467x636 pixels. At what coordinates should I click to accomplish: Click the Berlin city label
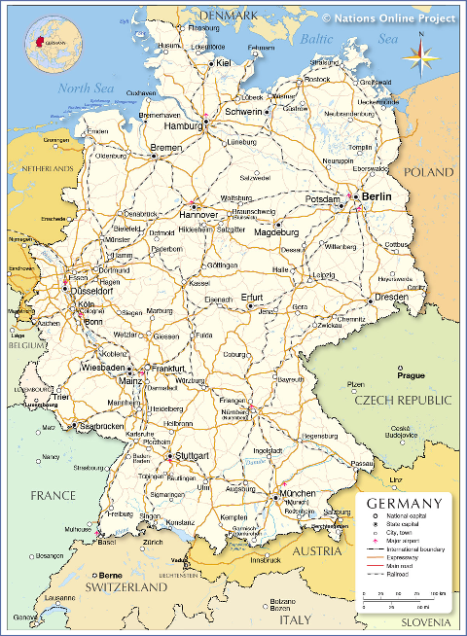(x=377, y=196)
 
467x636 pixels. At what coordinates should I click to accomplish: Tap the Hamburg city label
(x=183, y=125)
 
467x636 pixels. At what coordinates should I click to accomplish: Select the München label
(x=297, y=494)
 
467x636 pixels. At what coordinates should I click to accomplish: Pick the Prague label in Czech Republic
(x=411, y=374)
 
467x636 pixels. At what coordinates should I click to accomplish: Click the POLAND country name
(x=429, y=171)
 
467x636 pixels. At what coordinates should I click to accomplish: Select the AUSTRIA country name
(x=318, y=551)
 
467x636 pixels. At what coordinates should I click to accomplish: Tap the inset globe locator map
(x=54, y=44)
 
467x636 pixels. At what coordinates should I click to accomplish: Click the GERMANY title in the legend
(x=406, y=503)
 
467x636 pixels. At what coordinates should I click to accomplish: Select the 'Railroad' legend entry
(x=396, y=575)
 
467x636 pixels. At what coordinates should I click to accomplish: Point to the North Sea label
(x=86, y=88)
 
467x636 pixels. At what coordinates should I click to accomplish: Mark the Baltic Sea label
(x=348, y=39)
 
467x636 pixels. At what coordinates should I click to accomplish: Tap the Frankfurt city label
(x=167, y=370)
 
